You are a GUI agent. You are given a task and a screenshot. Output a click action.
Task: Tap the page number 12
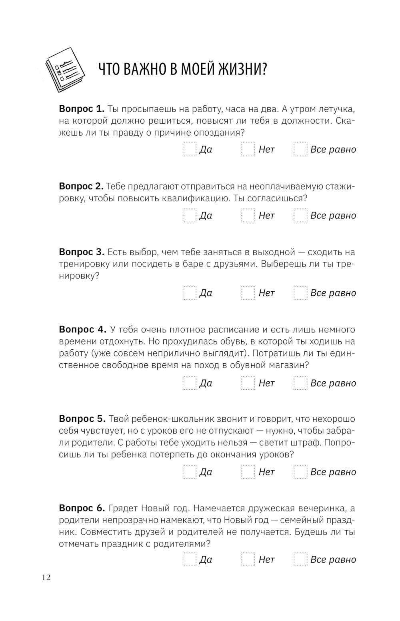pos(46,577)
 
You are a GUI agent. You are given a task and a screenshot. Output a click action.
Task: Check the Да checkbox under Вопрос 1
pos(190,149)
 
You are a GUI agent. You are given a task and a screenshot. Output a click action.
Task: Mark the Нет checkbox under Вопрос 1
pos(248,149)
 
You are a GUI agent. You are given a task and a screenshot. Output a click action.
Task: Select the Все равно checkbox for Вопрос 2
pos(300,215)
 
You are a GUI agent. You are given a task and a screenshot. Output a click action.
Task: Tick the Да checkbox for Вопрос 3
pos(190,293)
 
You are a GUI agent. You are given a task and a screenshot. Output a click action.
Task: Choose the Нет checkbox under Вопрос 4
pos(248,383)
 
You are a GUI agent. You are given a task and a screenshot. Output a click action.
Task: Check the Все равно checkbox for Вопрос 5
pos(300,472)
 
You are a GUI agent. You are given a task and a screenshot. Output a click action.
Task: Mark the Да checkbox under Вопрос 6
pos(190,559)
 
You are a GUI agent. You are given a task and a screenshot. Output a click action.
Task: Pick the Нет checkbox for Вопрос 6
pos(248,559)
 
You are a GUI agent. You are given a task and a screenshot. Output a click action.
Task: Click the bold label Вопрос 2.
pos(81,186)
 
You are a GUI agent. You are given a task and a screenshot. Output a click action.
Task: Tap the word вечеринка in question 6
pos(318,508)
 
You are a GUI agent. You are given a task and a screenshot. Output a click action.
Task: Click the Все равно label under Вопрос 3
pos(333,293)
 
